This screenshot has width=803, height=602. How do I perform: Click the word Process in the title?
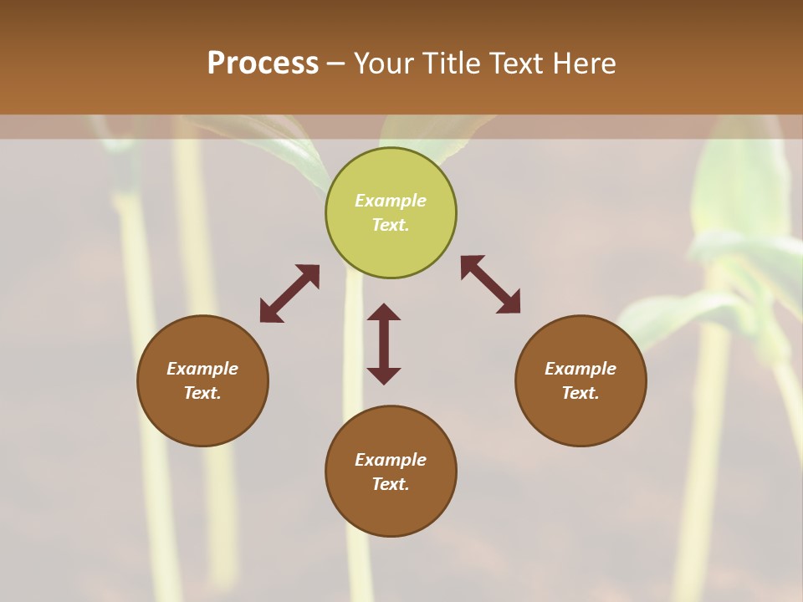[263, 64]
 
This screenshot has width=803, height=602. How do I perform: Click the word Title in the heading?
[449, 64]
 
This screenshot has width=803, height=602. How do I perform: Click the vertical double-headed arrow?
[384, 344]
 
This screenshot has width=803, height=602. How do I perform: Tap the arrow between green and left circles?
[289, 293]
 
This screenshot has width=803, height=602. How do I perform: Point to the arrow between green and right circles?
[490, 284]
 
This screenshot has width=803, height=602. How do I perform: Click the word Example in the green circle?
[391, 201]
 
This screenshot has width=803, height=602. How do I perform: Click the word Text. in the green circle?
[391, 225]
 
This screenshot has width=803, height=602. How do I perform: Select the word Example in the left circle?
[202, 369]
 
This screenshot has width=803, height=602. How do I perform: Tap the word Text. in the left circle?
[202, 393]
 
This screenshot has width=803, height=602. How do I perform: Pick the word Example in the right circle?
[581, 369]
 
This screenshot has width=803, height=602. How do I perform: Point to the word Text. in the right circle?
[581, 393]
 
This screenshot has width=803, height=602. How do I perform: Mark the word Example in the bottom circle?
[391, 460]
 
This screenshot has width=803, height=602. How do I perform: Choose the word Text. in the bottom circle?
[391, 484]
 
